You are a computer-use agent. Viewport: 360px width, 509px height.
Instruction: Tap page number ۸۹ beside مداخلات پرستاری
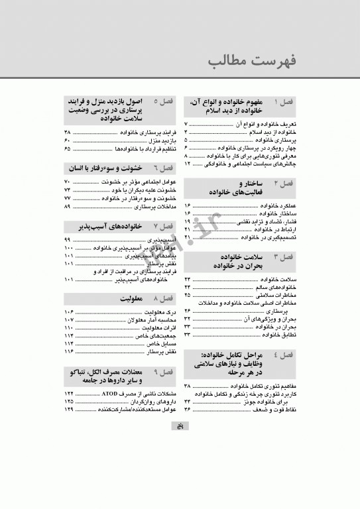click(67, 207)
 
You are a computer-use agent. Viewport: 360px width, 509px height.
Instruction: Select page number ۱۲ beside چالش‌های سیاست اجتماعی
click(188, 162)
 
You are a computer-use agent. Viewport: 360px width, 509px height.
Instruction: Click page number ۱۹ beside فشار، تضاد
click(188, 221)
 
